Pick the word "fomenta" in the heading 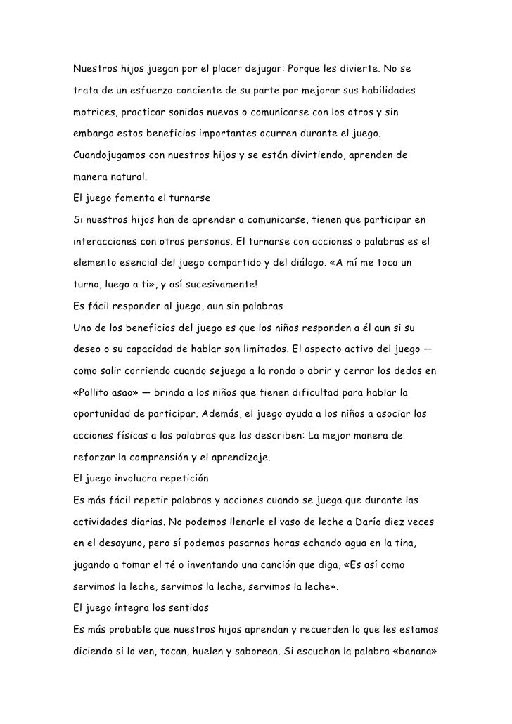[134, 195]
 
